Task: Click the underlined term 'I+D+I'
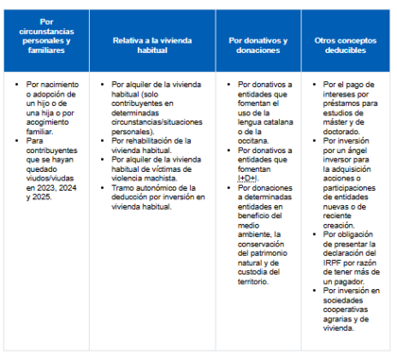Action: tap(248, 177)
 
